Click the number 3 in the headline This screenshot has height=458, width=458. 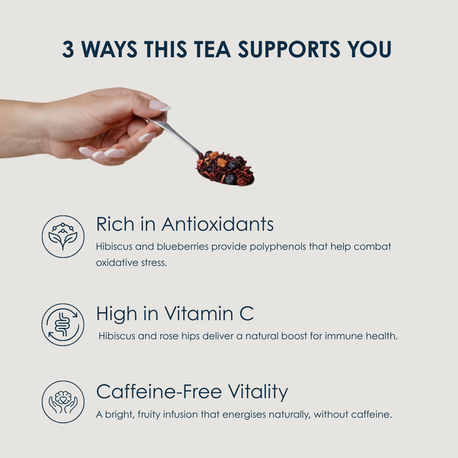pyautogui.click(x=68, y=49)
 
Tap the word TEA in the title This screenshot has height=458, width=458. pyautogui.click(x=212, y=49)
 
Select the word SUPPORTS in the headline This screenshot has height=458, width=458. pyautogui.click(x=289, y=49)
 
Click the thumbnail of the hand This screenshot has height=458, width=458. pyautogui.click(x=159, y=106)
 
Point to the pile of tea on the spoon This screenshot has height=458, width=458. pyautogui.click(x=225, y=168)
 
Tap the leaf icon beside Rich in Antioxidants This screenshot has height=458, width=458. pyautogui.click(x=63, y=237)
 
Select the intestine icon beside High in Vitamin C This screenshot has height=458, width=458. pyautogui.click(x=63, y=324)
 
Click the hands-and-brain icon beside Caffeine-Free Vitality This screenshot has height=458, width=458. pyautogui.click(x=63, y=401)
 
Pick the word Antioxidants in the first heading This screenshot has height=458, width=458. pyautogui.click(x=218, y=225)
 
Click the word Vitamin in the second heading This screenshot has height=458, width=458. pyautogui.click(x=198, y=314)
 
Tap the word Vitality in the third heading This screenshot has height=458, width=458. pyautogui.click(x=258, y=392)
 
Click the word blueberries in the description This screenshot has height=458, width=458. pyautogui.click(x=183, y=247)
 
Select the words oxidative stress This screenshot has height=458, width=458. pyautogui.click(x=132, y=263)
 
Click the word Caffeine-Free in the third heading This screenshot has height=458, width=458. pyautogui.click(x=159, y=391)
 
